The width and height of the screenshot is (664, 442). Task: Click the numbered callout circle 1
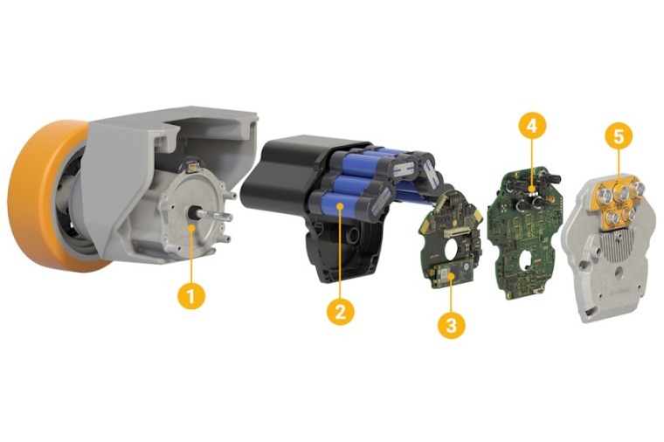pyautogui.click(x=191, y=295)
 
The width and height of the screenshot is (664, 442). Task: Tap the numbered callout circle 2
pyautogui.click(x=341, y=312)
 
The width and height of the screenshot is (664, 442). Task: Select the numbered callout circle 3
pyautogui.click(x=452, y=325)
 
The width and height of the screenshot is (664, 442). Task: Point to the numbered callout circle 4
pyautogui.click(x=532, y=126)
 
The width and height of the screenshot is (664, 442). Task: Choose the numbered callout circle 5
pyautogui.click(x=619, y=137)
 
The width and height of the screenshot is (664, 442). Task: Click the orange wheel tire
pyautogui.click(x=46, y=195)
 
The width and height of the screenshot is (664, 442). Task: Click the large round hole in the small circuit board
pyautogui.click(x=457, y=245)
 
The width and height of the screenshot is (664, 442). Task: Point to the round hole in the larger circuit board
pyautogui.click(x=527, y=257)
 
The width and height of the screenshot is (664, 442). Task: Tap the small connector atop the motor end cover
pyautogui.click(x=193, y=168)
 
